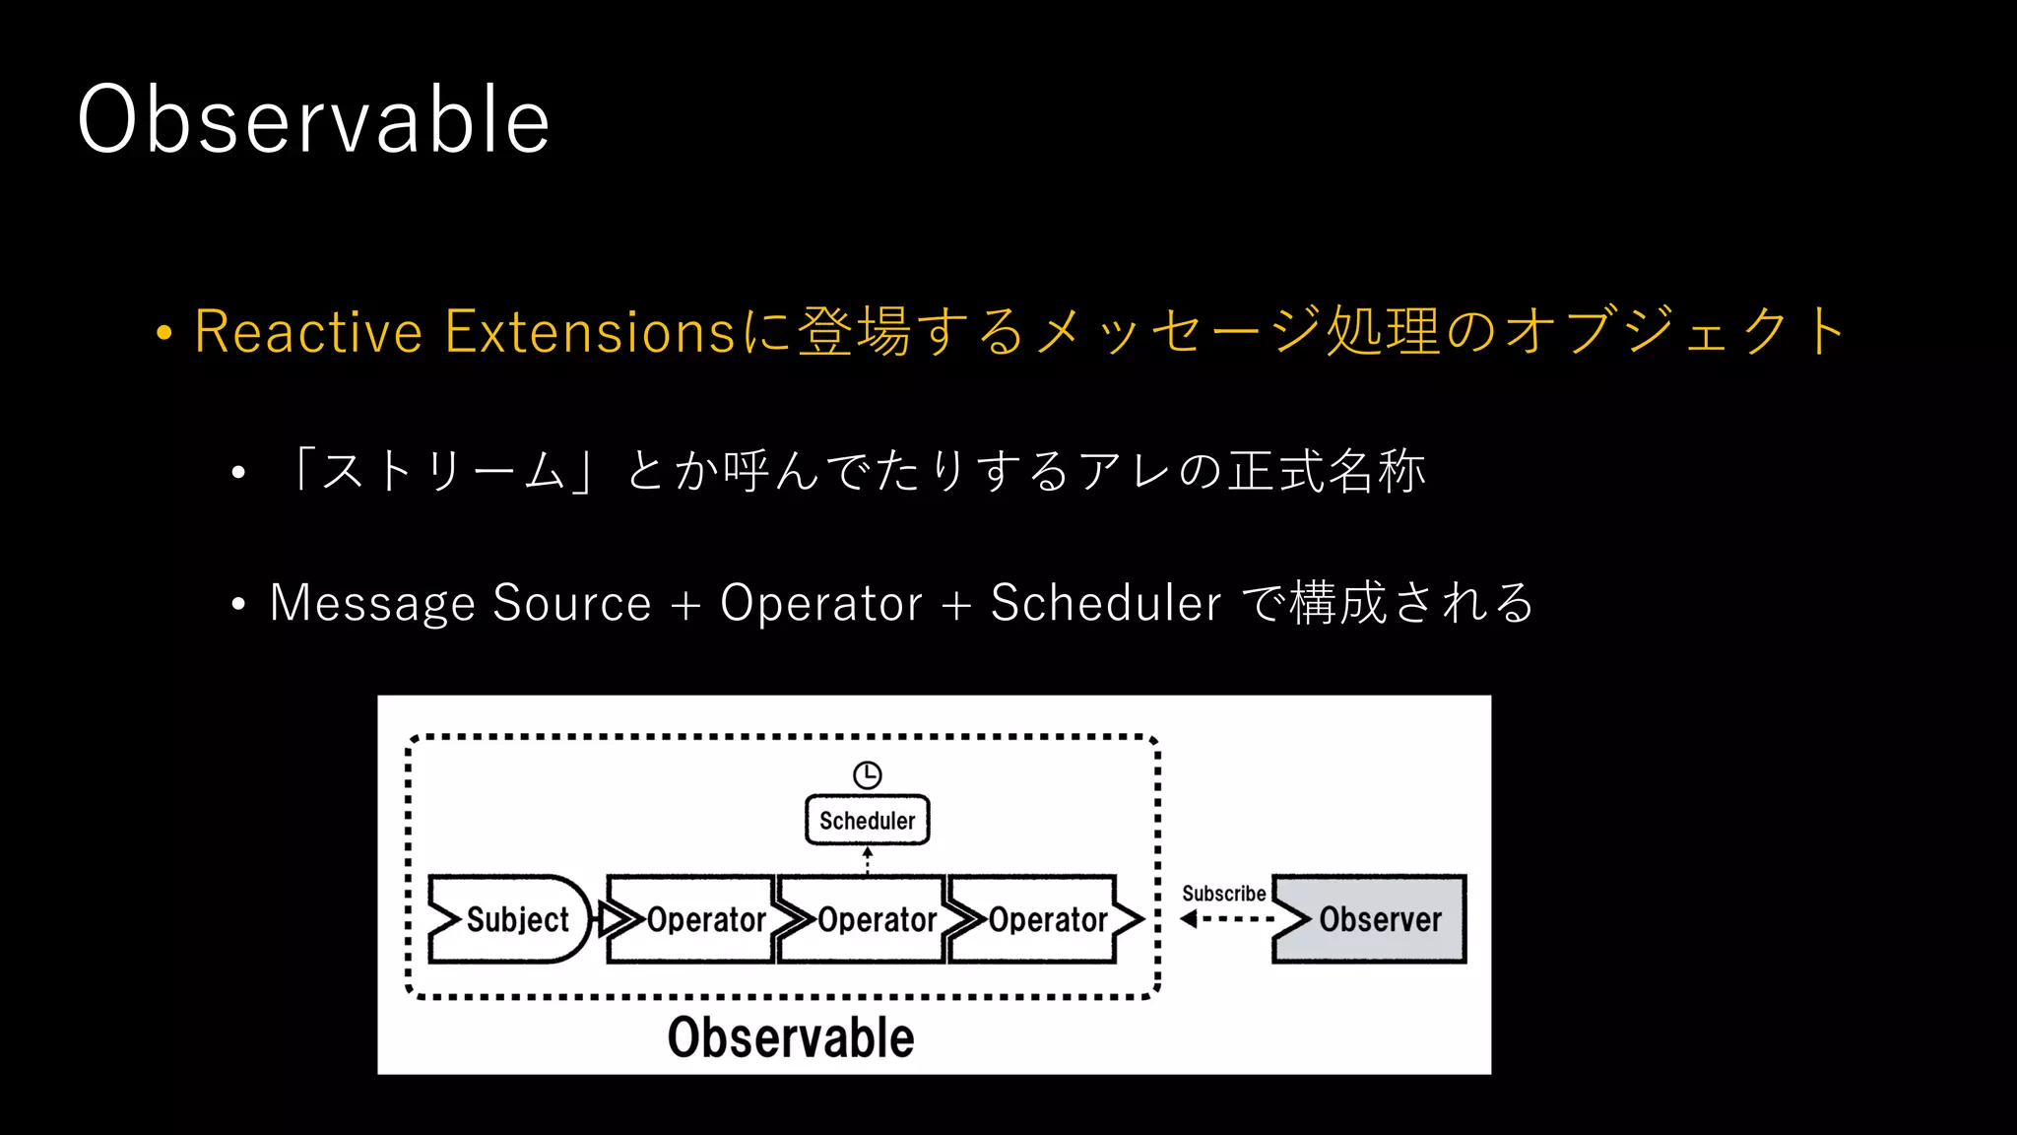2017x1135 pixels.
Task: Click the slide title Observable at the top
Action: [x=313, y=119]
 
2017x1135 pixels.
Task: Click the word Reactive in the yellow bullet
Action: [x=308, y=331]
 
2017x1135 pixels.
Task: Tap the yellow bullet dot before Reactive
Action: [x=164, y=333]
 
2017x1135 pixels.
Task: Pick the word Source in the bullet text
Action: [x=571, y=603]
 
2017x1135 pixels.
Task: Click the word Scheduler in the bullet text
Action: [x=1105, y=603]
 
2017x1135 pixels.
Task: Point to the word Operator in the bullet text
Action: [x=820, y=603]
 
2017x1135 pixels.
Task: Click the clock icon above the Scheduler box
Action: [x=867, y=775]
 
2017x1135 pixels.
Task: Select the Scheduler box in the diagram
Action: [x=867, y=821]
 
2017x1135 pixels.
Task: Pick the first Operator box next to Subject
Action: [x=694, y=919]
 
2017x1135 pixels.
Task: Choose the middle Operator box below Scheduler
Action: [x=867, y=919]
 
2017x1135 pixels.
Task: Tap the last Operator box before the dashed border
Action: [x=1040, y=919]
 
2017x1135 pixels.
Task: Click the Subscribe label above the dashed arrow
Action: [x=1223, y=894]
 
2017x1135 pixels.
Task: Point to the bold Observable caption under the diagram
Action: [x=791, y=1037]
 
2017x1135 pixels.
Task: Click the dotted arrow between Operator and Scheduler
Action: [x=868, y=860]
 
